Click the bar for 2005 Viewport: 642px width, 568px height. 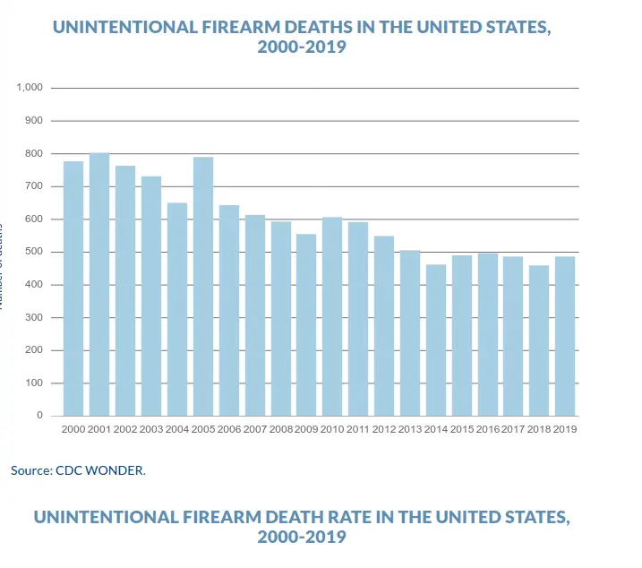coord(203,287)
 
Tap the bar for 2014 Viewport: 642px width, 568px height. coord(436,340)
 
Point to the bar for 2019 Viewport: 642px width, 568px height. coord(565,336)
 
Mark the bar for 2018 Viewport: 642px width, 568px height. coord(539,340)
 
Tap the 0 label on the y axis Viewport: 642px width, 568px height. coord(40,416)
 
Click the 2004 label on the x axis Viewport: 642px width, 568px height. coord(177,429)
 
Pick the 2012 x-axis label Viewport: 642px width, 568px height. coord(384,429)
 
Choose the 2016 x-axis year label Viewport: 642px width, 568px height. coord(488,429)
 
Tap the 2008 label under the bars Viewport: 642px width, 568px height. coord(280,429)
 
